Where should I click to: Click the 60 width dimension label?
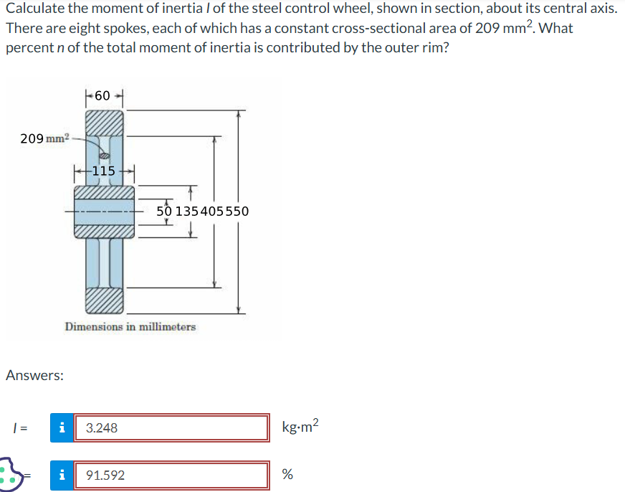coord(103,95)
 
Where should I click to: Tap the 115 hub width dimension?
coord(104,171)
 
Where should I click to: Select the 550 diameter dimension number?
coord(237,212)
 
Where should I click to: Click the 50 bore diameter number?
coord(164,212)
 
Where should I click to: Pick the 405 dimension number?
coord(214,212)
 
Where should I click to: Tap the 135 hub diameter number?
coord(188,212)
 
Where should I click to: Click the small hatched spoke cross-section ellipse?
coord(103,154)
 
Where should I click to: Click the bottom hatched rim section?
coord(105,301)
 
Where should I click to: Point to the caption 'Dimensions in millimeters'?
coord(130,327)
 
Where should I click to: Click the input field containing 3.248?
coord(171,428)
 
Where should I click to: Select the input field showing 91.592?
coord(171,475)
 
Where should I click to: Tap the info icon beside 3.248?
coord(62,428)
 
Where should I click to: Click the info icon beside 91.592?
coord(62,475)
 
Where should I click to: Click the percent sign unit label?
coord(287,475)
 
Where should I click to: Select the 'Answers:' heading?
coord(34,375)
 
